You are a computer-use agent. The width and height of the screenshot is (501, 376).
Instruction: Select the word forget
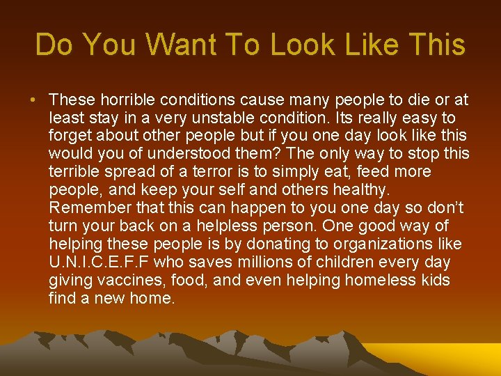69,136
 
